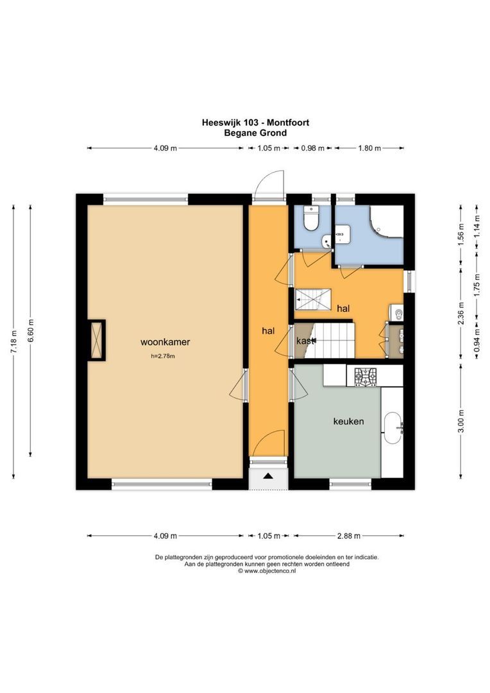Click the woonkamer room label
click(166, 342)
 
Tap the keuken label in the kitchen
click(348, 422)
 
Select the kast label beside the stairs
click(306, 341)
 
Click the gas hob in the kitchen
click(365, 376)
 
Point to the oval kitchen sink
click(392, 429)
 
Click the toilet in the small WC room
click(311, 220)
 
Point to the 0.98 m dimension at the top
click(313, 148)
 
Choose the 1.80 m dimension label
click(369, 148)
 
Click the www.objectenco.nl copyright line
click(267, 570)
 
